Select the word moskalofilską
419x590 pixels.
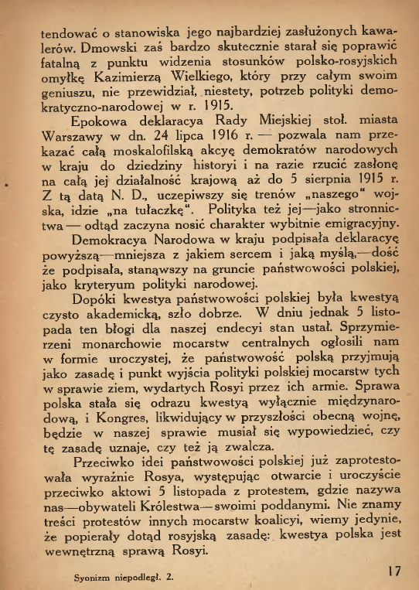coord(144,152)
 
